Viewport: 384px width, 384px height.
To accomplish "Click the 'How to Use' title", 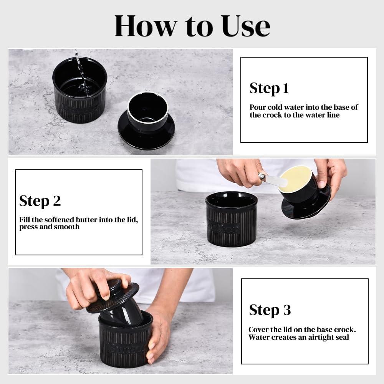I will pos(192,26).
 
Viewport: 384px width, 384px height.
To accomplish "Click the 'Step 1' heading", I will pos(269,88).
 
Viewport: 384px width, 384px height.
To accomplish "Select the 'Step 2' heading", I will pos(40,201).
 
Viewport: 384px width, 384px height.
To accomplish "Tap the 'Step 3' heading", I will pos(270,310).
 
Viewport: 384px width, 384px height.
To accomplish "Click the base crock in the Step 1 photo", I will pos(79,92).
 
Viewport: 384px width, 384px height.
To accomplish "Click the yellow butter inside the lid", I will pos(295,178).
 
